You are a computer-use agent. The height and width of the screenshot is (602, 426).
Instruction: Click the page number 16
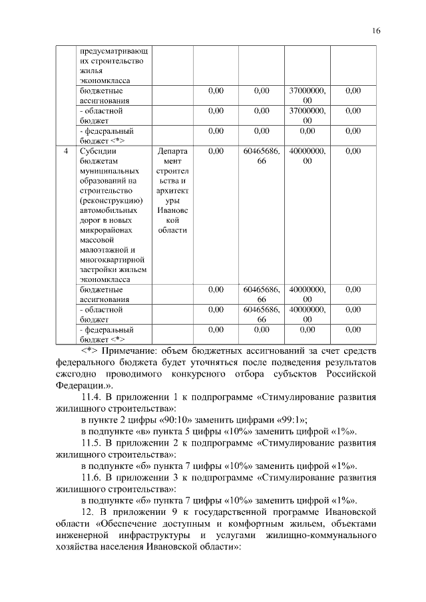[376, 31]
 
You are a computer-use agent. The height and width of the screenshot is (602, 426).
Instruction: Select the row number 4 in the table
[65, 152]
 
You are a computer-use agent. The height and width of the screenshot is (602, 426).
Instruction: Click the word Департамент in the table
[172, 156]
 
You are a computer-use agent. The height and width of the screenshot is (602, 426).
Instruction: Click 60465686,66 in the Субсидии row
[261, 156]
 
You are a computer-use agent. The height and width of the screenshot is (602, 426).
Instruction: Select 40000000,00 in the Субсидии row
[308, 156]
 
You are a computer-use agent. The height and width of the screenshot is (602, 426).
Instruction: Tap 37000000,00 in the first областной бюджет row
[308, 116]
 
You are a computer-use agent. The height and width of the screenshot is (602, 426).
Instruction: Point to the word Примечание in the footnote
[142, 350]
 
